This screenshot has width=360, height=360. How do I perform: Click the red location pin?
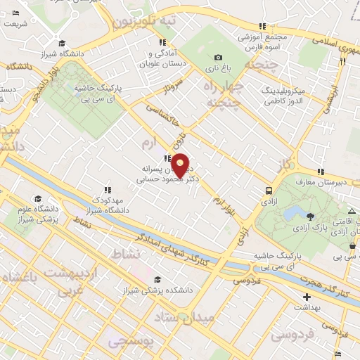181,165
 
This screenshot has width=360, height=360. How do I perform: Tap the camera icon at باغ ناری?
218,58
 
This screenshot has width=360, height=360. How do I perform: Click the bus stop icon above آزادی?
269,190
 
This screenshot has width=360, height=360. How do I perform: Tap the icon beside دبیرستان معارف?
320,172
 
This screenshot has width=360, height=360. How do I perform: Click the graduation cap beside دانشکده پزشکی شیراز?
156,279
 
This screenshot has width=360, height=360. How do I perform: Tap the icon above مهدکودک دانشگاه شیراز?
108,189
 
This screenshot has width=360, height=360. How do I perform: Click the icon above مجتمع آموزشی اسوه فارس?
262,26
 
